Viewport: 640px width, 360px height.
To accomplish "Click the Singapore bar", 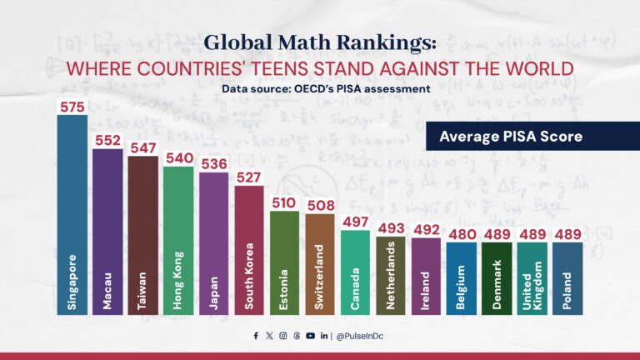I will (x=72, y=214).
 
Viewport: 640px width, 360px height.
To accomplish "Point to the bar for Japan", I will (x=214, y=242).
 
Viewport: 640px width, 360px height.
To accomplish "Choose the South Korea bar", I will (x=249, y=249).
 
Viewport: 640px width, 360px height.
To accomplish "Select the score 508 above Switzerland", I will (x=320, y=204).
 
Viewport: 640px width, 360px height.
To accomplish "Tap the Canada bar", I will (x=355, y=272).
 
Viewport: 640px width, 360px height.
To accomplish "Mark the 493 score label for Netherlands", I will (x=391, y=227).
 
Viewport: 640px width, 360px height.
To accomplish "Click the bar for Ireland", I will (x=426, y=276).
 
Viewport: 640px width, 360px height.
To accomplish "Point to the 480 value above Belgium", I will (x=462, y=233).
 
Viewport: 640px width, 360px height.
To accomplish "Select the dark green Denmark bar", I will (x=497, y=278).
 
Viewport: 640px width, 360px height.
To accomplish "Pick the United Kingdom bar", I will (x=532, y=278).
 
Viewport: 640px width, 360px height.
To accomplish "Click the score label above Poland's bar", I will (x=567, y=233).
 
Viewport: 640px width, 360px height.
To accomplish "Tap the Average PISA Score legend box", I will (x=510, y=136).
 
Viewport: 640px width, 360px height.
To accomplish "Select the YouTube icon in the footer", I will (x=310, y=336).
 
